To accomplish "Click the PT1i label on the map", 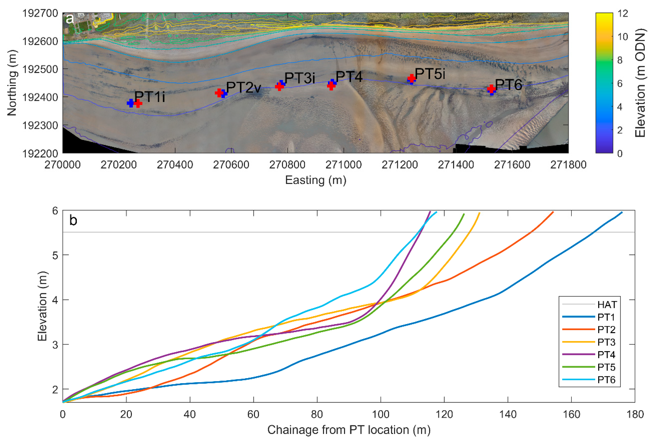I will tap(150, 97).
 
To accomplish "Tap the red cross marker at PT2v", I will tap(219, 93).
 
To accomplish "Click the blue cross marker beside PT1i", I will tap(131, 103).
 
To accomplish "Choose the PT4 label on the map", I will tap(349, 77).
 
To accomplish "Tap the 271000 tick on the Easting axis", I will tap(343, 165).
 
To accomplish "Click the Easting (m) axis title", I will tap(315, 180).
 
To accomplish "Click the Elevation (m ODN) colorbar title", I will tap(641, 83).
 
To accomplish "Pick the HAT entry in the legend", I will tap(607, 305).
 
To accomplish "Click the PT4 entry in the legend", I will tap(606, 354).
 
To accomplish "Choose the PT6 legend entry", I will tap(606, 380).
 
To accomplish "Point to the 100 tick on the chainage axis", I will tap(380, 414).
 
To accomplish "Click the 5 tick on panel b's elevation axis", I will tap(55, 255).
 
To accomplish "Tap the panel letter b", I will tap(73, 221).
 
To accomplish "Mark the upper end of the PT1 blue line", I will tap(622, 212).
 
